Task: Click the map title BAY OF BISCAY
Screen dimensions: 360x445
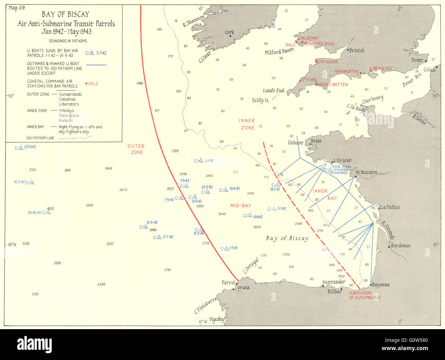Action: coord(65,14)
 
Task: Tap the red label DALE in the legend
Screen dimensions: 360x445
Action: coord(93,84)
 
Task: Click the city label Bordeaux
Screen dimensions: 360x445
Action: coord(401,246)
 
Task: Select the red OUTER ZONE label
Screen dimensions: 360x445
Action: coord(136,149)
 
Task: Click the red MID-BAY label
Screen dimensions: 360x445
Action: coord(241,206)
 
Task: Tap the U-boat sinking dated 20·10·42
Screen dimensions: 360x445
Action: coord(26,147)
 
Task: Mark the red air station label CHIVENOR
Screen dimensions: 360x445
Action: coord(327,62)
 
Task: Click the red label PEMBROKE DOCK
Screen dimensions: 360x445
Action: coord(319,44)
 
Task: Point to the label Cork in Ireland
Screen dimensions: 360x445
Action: coord(229,33)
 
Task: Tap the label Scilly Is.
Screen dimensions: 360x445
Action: coord(260,100)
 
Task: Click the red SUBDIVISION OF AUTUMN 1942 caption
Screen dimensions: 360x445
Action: coord(365,295)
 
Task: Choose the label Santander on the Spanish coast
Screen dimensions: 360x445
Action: coord(334,282)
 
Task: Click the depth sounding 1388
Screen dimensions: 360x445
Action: coord(139,83)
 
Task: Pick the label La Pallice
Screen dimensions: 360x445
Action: coord(390,207)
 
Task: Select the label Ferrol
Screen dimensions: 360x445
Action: coord(228,283)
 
